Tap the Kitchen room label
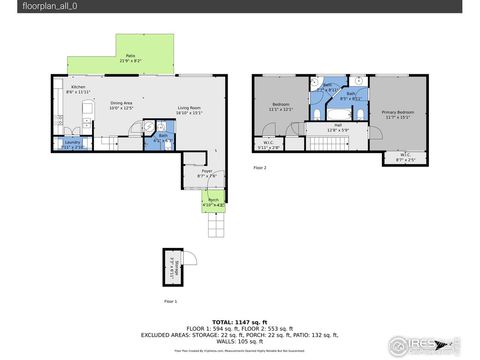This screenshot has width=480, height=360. (77, 91)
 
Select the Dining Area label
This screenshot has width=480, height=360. (122, 106)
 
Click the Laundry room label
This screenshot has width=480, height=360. (72, 144)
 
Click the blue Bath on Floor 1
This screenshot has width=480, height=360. (163, 138)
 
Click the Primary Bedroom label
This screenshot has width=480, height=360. (398, 113)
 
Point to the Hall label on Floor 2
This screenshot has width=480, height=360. (337, 127)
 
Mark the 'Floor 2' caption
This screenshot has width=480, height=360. (260, 168)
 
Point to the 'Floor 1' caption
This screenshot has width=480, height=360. (170, 300)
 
